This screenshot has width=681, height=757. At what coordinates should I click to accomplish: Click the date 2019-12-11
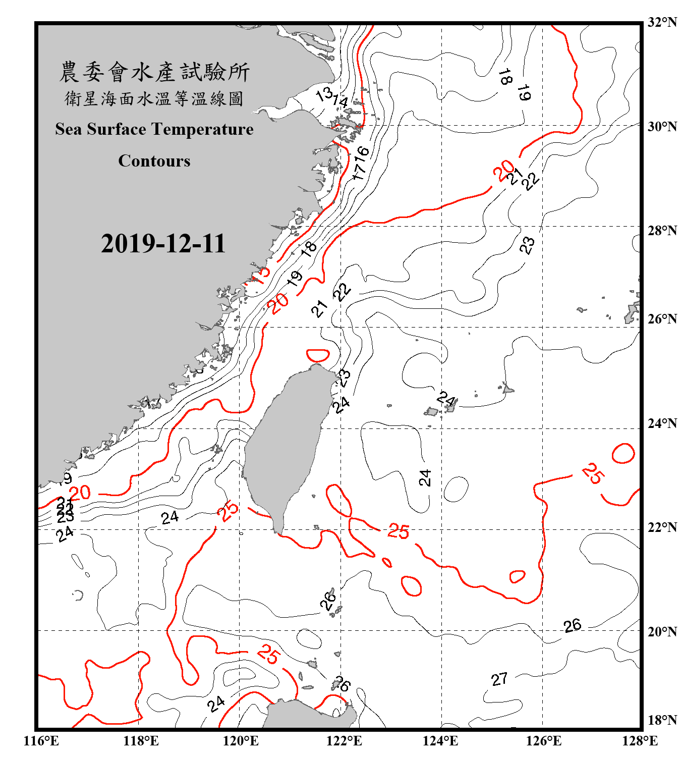click(163, 244)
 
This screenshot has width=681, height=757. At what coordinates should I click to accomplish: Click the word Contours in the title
click(154, 161)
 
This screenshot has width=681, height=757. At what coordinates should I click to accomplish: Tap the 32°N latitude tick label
click(662, 22)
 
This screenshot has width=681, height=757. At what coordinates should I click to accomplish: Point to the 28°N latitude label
click(662, 231)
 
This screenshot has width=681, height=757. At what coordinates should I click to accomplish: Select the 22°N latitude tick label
click(662, 527)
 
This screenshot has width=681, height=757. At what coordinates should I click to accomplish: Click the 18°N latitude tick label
click(662, 720)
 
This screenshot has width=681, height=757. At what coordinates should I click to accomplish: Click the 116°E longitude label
click(41, 741)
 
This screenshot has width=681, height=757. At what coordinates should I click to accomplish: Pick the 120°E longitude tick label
click(241, 741)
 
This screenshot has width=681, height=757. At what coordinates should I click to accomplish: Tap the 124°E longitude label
click(440, 741)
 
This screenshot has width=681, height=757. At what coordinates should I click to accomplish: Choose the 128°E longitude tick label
click(640, 741)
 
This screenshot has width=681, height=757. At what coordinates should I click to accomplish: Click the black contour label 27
click(499, 679)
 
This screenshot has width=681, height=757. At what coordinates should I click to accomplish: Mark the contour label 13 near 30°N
click(324, 94)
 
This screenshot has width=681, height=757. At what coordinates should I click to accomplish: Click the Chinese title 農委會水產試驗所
click(154, 72)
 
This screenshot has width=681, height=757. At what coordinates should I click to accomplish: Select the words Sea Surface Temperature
click(154, 129)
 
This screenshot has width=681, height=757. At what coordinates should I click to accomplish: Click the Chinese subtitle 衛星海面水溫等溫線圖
click(154, 98)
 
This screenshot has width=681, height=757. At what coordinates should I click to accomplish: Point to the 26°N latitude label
click(662, 319)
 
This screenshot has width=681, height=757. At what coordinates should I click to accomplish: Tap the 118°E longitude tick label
click(141, 741)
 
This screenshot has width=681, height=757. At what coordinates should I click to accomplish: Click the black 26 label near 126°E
click(573, 626)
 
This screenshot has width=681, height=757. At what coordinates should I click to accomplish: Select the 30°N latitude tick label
click(662, 126)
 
